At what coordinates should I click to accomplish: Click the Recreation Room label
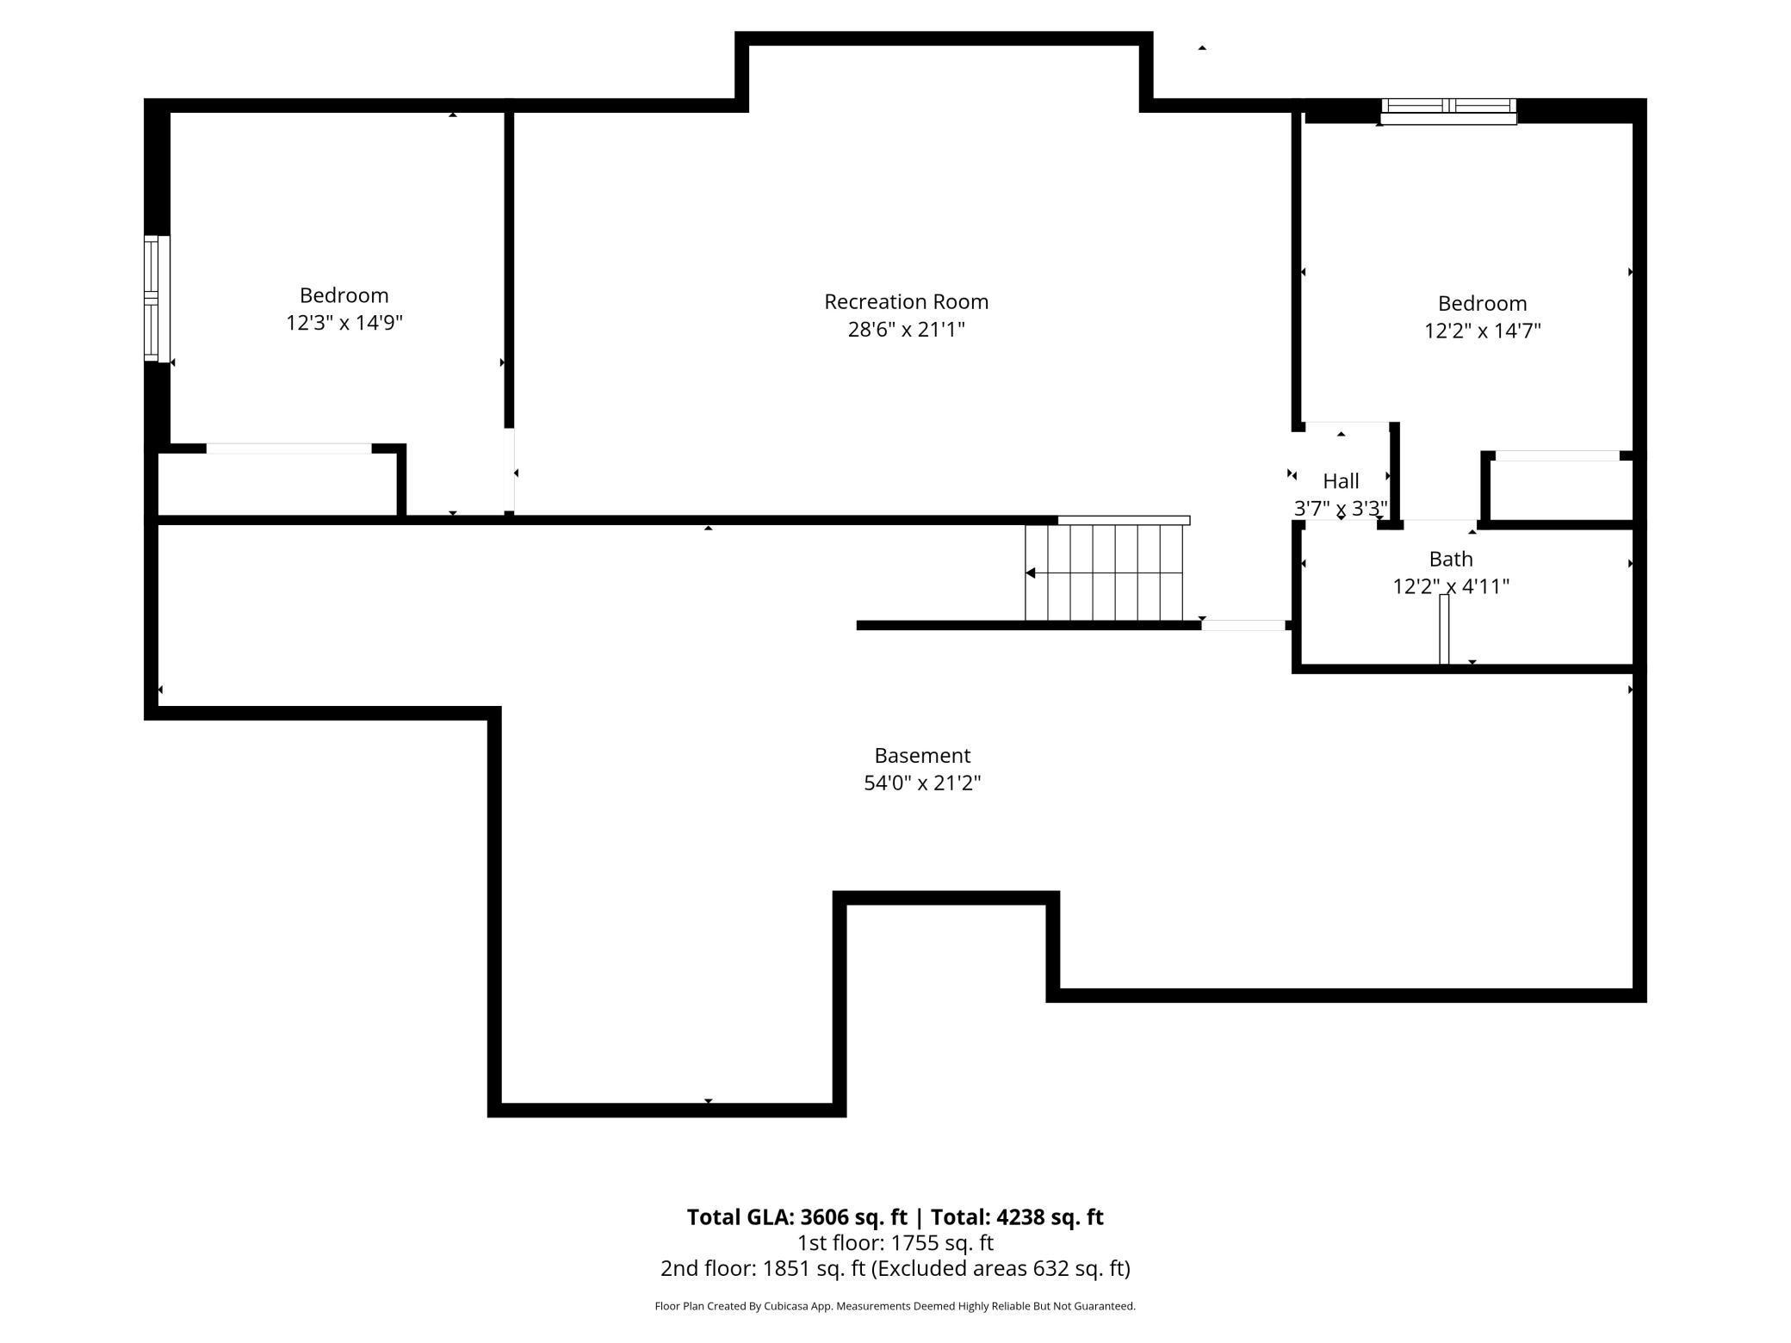pyautogui.click(x=906, y=302)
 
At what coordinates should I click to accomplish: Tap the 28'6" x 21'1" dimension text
pyautogui.click(x=906, y=330)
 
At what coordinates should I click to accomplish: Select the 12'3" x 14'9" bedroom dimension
pyautogui.click(x=344, y=323)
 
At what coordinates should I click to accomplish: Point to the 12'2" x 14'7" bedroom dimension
pyautogui.click(x=1482, y=331)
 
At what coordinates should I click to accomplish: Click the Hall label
pyautogui.click(x=1341, y=481)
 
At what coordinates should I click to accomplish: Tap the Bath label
pyautogui.click(x=1451, y=560)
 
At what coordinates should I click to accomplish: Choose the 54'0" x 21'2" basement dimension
pyautogui.click(x=922, y=783)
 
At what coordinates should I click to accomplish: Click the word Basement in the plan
pyautogui.click(x=922, y=756)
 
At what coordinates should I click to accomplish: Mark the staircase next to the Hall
pyautogui.click(x=1105, y=572)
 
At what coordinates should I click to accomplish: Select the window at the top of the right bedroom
pyautogui.click(x=1449, y=112)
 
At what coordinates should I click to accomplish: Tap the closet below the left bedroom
pyautogui.click(x=277, y=483)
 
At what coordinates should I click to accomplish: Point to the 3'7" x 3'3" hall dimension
pyautogui.click(x=1341, y=509)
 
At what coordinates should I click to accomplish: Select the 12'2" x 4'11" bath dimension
pyautogui.click(x=1451, y=587)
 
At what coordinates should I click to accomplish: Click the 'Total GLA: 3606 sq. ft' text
pyautogui.click(x=796, y=1217)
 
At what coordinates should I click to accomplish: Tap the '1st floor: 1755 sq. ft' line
pyautogui.click(x=895, y=1243)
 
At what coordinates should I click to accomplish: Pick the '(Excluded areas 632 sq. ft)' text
pyautogui.click(x=1001, y=1269)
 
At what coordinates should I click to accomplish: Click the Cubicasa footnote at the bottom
pyautogui.click(x=895, y=1306)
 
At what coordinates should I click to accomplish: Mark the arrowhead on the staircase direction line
pyautogui.click(x=1030, y=573)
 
